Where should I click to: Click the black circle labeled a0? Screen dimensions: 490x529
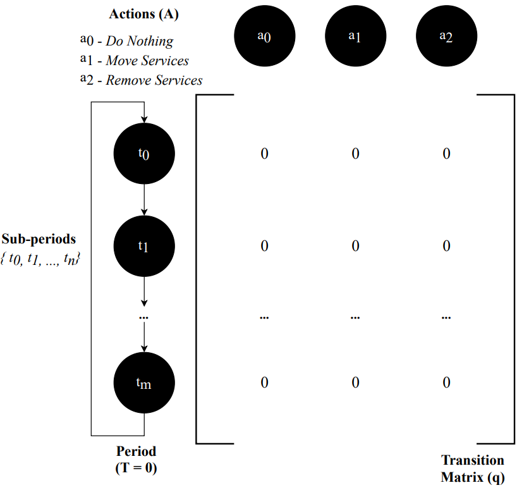point(264,36)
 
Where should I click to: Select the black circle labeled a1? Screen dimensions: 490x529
point(355,36)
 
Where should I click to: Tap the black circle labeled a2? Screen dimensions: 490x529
point(446,36)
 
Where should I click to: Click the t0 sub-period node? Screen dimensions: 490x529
point(144,153)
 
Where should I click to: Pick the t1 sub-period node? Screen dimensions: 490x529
point(144,245)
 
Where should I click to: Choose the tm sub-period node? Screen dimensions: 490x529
point(144,383)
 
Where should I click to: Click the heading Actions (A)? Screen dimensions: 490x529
point(143,14)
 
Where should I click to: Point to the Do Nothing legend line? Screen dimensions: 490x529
point(126,41)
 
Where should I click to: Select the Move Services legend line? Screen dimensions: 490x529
point(134,61)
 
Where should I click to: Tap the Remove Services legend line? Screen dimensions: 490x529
point(141,80)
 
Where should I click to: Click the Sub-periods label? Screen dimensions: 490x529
point(39,239)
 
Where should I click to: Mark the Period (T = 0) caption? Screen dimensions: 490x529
point(136,460)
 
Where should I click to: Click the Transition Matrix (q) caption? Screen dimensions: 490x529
point(473,469)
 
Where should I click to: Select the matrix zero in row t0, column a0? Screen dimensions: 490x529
point(264,154)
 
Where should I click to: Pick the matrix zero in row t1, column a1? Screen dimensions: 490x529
point(355,246)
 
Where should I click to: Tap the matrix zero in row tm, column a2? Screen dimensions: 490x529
point(446,383)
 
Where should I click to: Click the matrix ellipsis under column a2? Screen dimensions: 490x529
point(446,315)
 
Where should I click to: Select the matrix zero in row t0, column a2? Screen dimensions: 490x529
point(446,154)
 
